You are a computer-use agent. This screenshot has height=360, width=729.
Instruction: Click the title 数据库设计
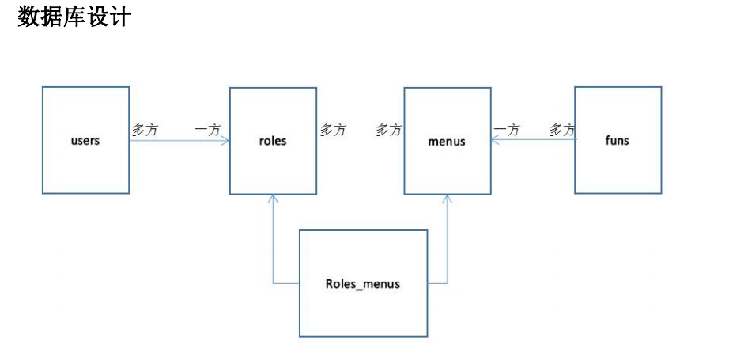click(74, 17)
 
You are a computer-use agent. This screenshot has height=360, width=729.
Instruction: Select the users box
click(85, 140)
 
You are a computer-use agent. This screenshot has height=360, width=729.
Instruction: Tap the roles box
click(273, 140)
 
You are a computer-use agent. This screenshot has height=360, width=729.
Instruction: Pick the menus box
click(447, 140)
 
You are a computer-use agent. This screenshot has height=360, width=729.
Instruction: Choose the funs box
click(618, 140)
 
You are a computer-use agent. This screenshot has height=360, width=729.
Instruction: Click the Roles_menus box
click(363, 283)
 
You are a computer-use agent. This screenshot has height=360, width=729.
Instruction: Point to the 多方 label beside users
click(145, 130)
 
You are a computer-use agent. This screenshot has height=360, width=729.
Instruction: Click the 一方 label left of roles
click(207, 130)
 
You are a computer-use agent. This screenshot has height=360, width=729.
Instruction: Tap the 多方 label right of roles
click(333, 130)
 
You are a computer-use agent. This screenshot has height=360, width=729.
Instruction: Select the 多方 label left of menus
click(388, 130)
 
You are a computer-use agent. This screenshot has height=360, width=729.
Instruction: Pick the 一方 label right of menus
click(507, 130)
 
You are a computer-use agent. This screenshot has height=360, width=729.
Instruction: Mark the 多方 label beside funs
click(562, 130)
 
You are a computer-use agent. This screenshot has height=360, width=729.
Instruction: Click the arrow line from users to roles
click(178, 141)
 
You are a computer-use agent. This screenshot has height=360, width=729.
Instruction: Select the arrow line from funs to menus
click(534, 140)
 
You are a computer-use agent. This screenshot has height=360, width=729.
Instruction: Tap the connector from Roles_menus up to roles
click(274, 245)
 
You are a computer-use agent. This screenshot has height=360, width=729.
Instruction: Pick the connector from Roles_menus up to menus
click(448, 245)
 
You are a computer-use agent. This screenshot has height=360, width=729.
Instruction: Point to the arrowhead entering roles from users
click(225, 141)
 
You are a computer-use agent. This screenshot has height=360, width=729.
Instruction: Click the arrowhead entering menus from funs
click(494, 140)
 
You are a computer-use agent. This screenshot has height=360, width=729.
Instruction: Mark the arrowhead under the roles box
click(274, 198)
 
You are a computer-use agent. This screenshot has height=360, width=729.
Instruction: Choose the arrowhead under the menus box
click(448, 198)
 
